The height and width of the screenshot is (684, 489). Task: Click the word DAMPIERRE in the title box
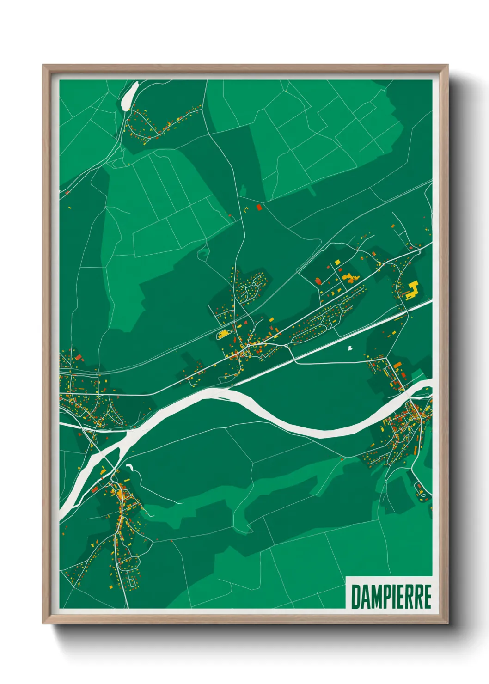[391, 597]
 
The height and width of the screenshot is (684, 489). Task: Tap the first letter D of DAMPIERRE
[356, 597]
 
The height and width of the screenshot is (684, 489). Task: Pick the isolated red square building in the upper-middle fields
[259, 208]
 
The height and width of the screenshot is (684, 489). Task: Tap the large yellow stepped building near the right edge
[412, 290]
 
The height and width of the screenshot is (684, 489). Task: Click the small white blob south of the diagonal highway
[350, 347]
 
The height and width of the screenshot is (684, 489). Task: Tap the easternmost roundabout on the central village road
[286, 345]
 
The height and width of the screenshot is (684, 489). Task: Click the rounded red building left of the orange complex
[318, 281]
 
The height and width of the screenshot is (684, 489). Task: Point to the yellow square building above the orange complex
[337, 263]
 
